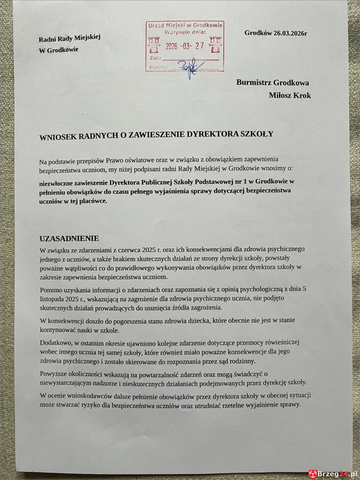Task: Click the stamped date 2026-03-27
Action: coord(184,46)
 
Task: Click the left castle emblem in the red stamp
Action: coord(153,44)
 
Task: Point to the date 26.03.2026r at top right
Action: coord(276,33)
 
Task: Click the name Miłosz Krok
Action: coord(290,95)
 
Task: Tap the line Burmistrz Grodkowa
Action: coord(272,83)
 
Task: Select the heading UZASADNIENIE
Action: coord(69,239)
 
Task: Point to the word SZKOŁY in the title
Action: coord(256,134)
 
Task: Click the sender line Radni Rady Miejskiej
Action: coord(69,38)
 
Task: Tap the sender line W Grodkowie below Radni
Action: coord(58,50)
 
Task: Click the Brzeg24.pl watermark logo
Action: coord(333,474)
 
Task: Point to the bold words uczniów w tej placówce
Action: coord(73,202)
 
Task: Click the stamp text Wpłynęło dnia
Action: coord(184,32)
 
